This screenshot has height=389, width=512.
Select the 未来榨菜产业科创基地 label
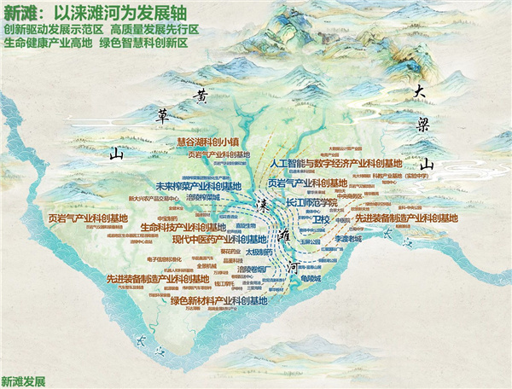(194, 184)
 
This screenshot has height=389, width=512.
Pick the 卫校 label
(322, 219)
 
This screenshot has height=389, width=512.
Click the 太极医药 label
(259, 253)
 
